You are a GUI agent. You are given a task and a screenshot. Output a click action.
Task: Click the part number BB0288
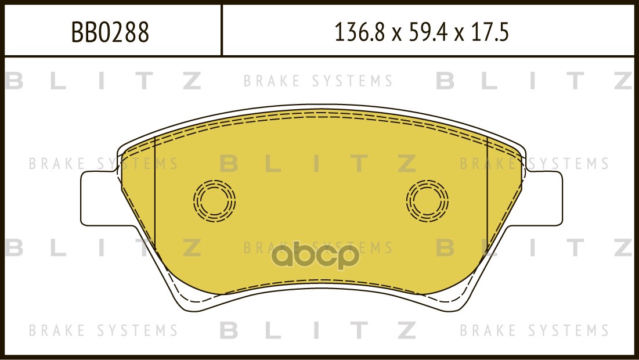[110, 32]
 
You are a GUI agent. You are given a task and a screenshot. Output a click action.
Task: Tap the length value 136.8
[359, 32]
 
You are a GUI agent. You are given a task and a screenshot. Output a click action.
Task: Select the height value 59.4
[422, 32]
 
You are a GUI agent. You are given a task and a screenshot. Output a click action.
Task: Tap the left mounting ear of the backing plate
[100, 199]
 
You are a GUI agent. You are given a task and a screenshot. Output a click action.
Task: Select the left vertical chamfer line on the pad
[156, 192]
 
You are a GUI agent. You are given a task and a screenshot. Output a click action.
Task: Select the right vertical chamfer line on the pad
[488, 192]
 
